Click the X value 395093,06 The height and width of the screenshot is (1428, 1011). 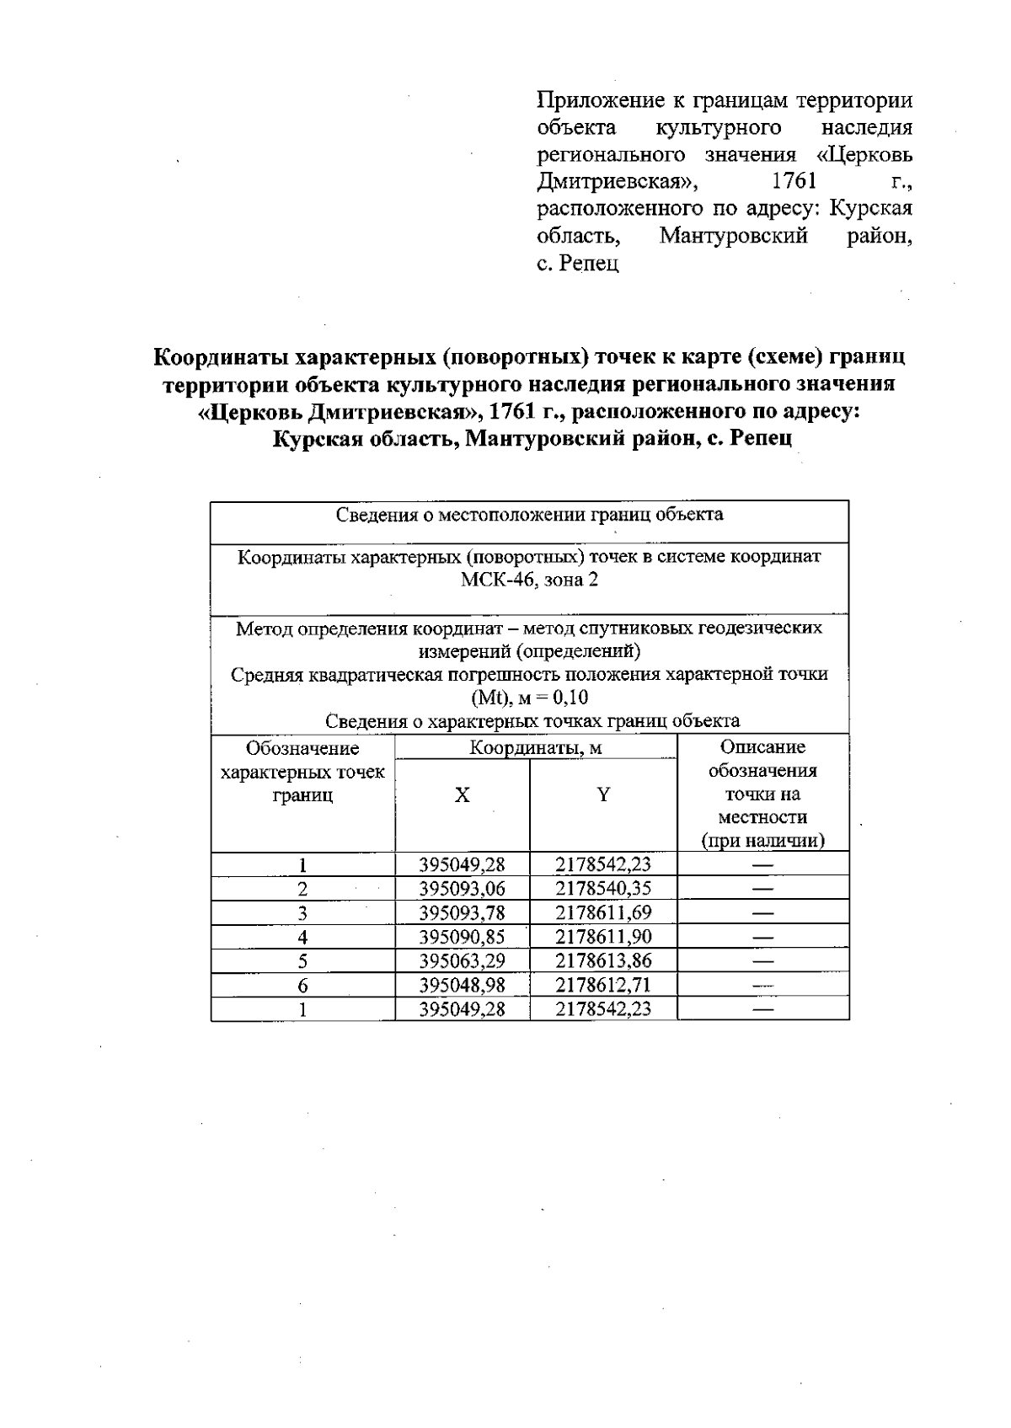462,889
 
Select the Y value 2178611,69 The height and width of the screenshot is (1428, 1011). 603,912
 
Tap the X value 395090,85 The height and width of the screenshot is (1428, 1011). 462,937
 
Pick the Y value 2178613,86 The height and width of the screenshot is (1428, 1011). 603,960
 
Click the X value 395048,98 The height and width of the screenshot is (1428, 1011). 462,985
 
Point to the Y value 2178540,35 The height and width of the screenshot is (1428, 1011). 603,889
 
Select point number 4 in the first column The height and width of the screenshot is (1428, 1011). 302,937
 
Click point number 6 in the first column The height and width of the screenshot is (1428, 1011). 302,985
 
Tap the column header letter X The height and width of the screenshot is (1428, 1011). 462,795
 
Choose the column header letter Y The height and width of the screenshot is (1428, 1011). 603,795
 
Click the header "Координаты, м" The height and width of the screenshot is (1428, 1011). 535,748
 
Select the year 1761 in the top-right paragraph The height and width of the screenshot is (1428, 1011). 794,181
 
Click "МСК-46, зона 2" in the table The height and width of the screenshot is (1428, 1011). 529,580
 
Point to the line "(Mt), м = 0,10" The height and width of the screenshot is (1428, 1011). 529,698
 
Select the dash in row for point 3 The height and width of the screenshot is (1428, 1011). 762,912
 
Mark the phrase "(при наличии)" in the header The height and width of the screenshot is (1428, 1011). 762,841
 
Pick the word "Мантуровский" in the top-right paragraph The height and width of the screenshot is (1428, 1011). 733,236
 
